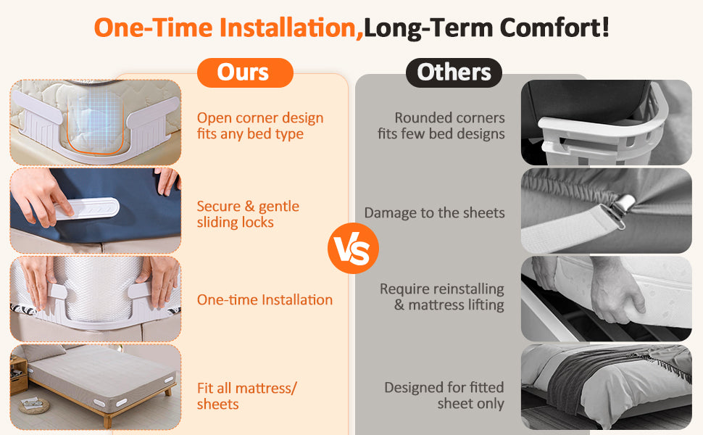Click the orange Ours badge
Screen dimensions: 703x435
point(245,72)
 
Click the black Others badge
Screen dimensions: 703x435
point(454,72)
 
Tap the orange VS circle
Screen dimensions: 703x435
point(353,248)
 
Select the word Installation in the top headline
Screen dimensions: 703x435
point(288,28)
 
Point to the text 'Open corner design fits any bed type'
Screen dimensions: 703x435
point(260,125)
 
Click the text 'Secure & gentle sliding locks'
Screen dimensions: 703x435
point(248,214)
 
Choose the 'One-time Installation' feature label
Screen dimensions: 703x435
point(265,299)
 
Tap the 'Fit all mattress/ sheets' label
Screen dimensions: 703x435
point(246,396)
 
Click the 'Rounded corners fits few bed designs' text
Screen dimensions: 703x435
point(441,125)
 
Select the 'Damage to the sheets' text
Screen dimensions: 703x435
point(434,212)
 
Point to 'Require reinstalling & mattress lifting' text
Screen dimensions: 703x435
point(442,297)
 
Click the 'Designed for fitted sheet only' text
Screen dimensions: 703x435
point(444,396)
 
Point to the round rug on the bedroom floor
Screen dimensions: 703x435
point(34,406)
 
